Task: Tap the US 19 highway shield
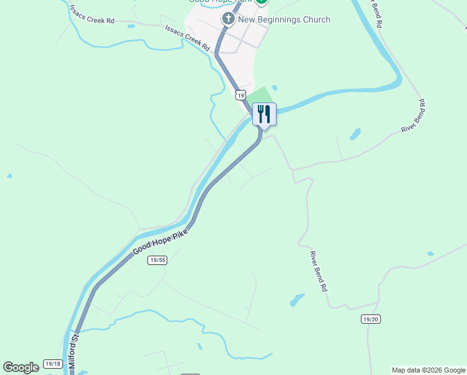pos(240,94)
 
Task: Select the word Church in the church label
pos(317,20)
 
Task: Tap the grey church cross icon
pos(228,20)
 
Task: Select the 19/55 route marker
pos(158,260)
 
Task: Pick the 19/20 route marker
pos(370,319)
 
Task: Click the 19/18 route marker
pos(53,364)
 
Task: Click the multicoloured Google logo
pos(21,367)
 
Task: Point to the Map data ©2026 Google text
pos(429,370)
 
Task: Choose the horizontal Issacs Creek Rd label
pos(92,20)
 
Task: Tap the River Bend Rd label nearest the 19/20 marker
pos(318,272)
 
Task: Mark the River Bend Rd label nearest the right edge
pos(413,116)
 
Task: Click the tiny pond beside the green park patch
pos(275,87)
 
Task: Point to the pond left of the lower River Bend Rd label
pos(297,300)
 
